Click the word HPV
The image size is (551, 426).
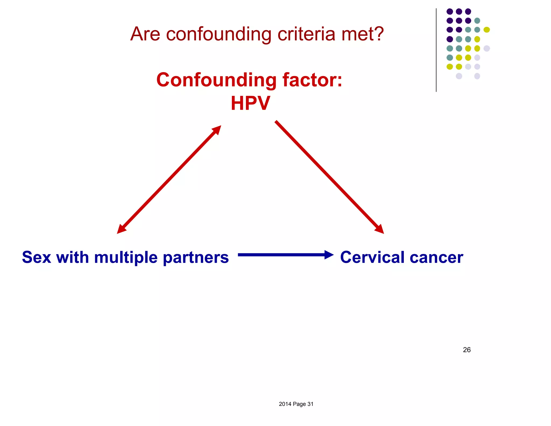(250, 103)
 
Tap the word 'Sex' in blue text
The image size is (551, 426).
(36, 257)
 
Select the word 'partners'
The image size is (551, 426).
(196, 258)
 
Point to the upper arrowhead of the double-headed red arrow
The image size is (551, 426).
(217, 130)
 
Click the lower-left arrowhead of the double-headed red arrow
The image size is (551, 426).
(121, 229)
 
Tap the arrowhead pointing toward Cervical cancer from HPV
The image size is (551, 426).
(380, 229)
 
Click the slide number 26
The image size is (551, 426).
(467, 350)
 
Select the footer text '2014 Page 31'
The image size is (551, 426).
(296, 404)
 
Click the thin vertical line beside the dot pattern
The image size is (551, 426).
(436, 50)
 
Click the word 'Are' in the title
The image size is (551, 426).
(145, 34)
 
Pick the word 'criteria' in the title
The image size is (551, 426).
(306, 34)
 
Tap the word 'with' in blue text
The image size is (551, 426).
(72, 257)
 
